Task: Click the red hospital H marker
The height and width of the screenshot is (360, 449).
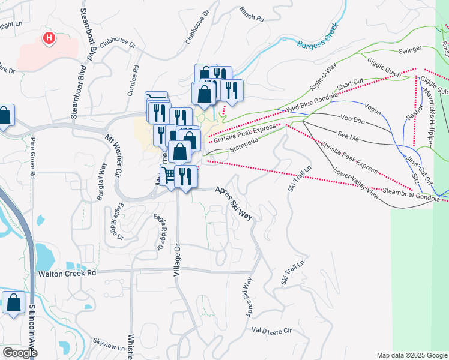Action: [49, 39]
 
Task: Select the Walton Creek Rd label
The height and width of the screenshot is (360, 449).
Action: [67, 273]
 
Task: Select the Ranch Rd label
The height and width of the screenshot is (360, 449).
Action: [252, 14]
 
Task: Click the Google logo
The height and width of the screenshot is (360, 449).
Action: [20, 353]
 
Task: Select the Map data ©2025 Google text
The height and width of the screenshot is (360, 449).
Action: [411, 355]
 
